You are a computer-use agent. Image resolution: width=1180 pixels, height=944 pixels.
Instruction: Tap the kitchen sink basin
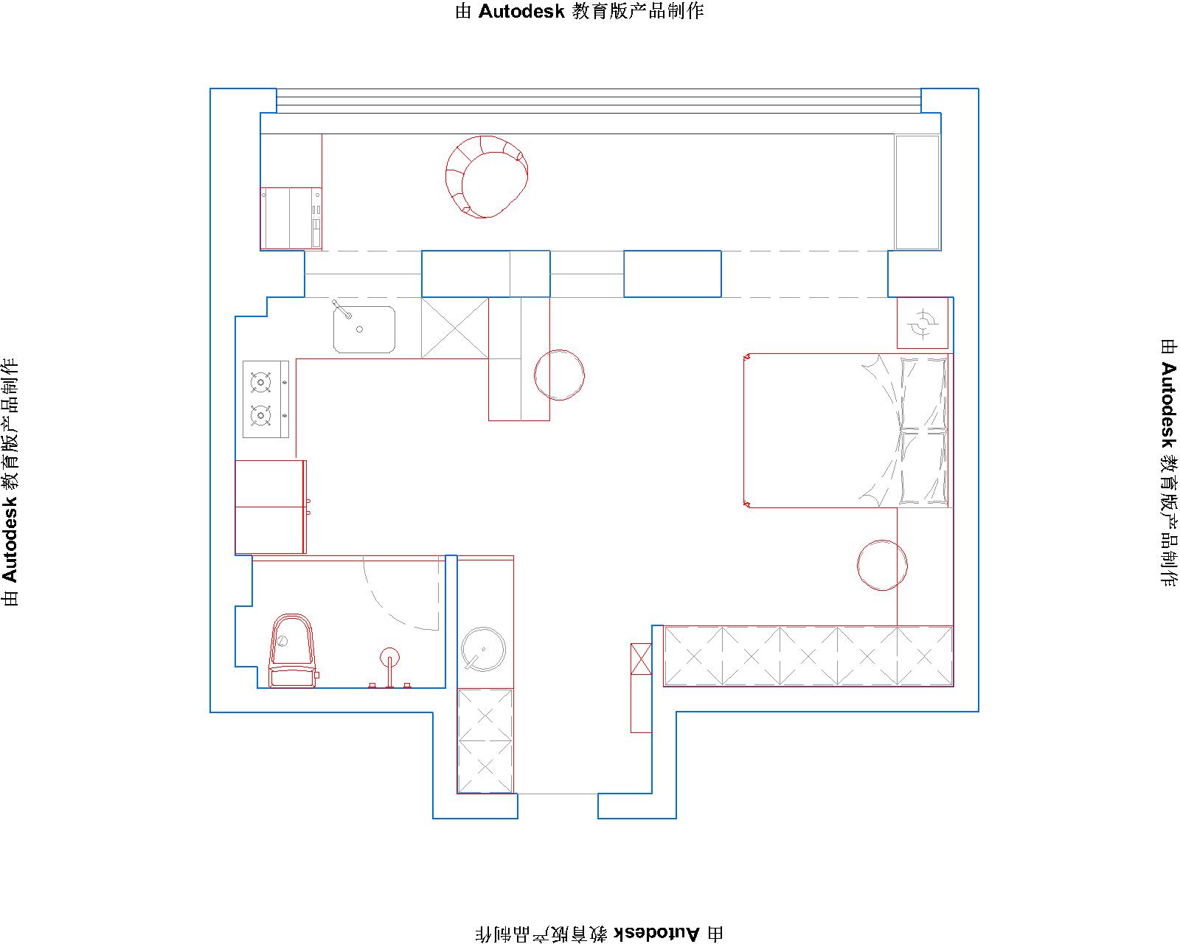(x=364, y=329)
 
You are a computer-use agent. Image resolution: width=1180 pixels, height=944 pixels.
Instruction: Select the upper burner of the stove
(x=260, y=382)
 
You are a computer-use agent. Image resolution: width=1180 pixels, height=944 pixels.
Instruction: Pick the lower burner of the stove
(x=260, y=415)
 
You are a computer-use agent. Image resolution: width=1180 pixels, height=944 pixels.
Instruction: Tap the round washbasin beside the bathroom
(x=483, y=650)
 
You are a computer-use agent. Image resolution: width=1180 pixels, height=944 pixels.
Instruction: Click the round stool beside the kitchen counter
(x=559, y=375)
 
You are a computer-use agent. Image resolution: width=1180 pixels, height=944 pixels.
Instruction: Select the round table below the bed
(x=882, y=566)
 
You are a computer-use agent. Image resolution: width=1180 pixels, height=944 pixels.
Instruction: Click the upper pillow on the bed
(x=923, y=393)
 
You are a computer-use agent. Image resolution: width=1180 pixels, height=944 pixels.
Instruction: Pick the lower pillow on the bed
(x=923, y=468)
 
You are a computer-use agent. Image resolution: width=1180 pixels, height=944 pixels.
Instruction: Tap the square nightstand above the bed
(x=923, y=323)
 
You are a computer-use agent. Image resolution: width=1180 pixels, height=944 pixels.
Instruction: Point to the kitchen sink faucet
(x=341, y=309)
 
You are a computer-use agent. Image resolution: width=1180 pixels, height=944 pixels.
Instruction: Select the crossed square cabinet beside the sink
(x=454, y=328)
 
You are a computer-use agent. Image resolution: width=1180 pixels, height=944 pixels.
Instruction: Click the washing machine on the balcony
(x=291, y=218)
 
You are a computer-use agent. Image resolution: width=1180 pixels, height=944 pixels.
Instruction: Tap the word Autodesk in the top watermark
(x=521, y=12)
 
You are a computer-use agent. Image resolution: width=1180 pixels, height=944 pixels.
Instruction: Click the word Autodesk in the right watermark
(x=1168, y=405)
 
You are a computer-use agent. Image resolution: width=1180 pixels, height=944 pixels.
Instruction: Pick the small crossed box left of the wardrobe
(x=641, y=659)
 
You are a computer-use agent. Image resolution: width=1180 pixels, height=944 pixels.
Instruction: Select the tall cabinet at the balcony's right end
(x=917, y=192)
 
